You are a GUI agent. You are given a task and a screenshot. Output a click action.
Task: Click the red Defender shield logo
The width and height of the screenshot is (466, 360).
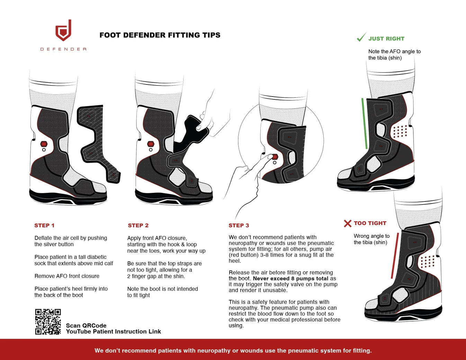click(x=63, y=31)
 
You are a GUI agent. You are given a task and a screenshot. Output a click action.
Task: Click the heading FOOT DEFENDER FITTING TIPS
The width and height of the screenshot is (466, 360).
click(x=160, y=35)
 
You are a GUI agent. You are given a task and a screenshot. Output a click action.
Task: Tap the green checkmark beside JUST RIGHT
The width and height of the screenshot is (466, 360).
click(x=361, y=37)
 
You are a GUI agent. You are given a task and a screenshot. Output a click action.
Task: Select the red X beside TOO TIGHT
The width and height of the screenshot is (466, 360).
click(x=348, y=223)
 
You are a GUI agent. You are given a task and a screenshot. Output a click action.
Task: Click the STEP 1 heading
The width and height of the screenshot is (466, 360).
click(x=44, y=225)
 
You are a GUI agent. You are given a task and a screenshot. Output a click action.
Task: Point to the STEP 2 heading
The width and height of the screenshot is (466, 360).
click(x=138, y=225)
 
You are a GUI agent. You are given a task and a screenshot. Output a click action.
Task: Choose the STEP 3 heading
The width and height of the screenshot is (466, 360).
click(x=239, y=225)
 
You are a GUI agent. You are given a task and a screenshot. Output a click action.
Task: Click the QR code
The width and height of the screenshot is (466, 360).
click(x=48, y=322)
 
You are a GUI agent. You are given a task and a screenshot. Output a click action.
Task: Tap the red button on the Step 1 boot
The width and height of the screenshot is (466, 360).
click(x=44, y=144)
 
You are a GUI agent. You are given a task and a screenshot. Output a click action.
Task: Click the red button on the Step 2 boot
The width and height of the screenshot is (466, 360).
click(x=151, y=144)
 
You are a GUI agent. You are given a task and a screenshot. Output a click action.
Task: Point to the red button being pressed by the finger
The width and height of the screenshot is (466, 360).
click(x=275, y=157)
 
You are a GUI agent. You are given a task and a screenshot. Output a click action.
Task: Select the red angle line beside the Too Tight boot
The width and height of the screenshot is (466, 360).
click(x=395, y=255)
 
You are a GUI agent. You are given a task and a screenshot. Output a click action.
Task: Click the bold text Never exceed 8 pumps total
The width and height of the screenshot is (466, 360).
click(x=290, y=278)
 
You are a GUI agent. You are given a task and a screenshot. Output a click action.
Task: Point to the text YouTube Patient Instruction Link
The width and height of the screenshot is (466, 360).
click(x=113, y=332)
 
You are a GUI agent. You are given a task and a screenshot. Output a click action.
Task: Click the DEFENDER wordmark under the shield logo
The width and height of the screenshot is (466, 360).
click(x=63, y=49)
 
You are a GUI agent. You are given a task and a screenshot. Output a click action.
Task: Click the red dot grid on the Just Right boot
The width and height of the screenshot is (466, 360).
click(x=400, y=131)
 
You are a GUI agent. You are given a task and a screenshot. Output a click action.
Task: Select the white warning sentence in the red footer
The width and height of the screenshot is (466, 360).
click(x=233, y=350)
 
